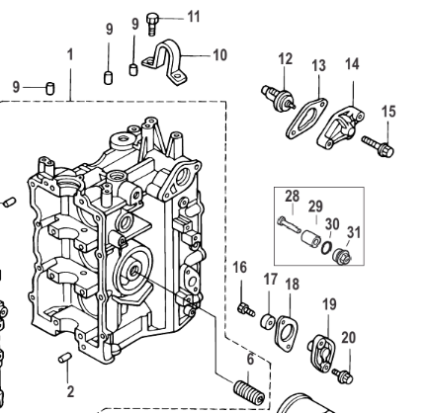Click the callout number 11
pyautogui.click(x=194, y=17)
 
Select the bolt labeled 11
pyautogui.click(x=152, y=24)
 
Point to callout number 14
pyautogui.click(x=352, y=64)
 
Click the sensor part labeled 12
pyautogui.click(x=278, y=98)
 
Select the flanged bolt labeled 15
pyautogui.click(x=379, y=146)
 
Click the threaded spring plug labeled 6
pyautogui.click(x=249, y=392)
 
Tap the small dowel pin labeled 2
pyautogui.click(x=65, y=358)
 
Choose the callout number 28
pyautogui.click(x=293, y=197)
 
